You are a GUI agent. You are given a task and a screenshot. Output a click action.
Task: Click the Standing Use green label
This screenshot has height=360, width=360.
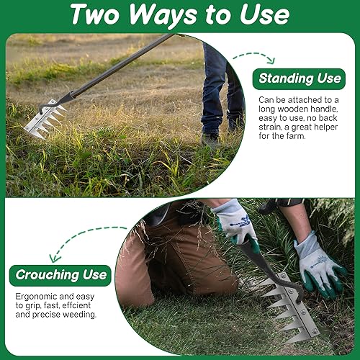299,79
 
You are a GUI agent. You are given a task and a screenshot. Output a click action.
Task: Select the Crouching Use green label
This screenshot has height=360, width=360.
60,275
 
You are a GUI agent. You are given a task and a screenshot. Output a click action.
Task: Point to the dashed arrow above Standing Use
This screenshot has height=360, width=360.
254,55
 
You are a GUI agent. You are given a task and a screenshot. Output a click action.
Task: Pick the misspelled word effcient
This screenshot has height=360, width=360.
76,305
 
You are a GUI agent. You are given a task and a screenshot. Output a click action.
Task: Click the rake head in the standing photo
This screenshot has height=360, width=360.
45,118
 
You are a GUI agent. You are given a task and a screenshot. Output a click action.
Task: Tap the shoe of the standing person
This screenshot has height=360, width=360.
210,140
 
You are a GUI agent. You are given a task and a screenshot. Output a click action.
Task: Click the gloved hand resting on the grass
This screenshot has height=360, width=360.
318,266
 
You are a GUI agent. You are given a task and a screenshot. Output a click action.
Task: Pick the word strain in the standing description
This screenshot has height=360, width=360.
270,127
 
